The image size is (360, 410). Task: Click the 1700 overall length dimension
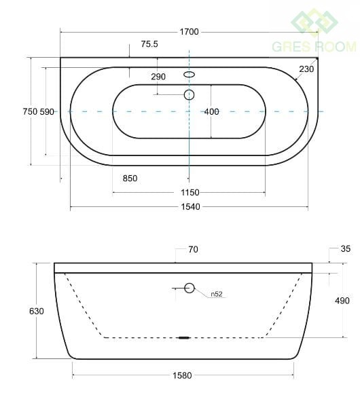click(189, 32)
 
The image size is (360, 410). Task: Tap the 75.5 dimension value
click(149, 44)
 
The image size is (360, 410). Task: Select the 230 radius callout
click(306, 69)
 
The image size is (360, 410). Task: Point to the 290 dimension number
click(158, 77)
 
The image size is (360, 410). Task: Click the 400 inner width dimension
click(211, 111)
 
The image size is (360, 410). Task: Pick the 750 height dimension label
click(30, 111)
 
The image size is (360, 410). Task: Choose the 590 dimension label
click(47, 111)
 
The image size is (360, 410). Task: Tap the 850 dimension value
click(130, 179)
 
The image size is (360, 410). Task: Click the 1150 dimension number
click(190, 193)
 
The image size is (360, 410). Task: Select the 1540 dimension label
click(190, 207)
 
